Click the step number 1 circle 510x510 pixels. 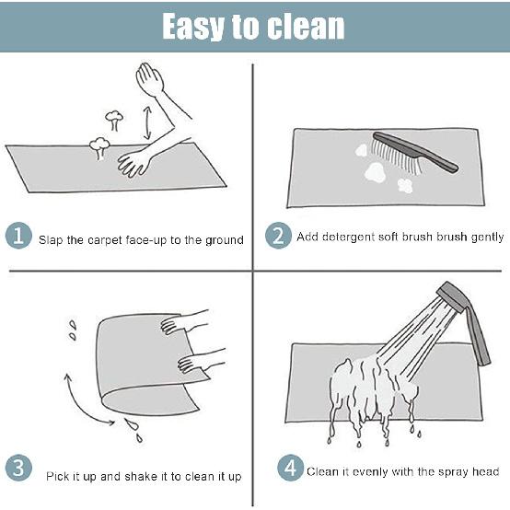click(x=18, y=238)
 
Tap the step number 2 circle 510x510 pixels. click(x=279, y=237)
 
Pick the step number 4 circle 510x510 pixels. click(x=291, y=469)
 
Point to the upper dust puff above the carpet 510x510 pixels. click(x=114, y=119)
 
